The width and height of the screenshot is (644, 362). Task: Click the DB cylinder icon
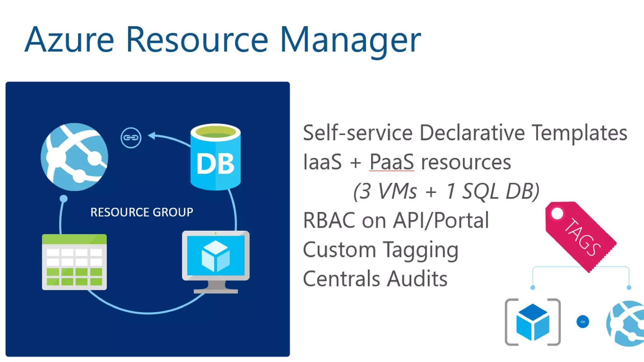[215, 157]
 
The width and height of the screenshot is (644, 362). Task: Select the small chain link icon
[131, 138]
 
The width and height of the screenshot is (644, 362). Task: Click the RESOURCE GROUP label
[142, 212]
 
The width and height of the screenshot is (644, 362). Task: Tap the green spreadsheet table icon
[74, 262]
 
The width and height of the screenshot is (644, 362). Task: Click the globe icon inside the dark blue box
[75, 157]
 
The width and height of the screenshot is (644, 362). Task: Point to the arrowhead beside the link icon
[152, 135]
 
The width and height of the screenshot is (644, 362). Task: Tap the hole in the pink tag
[557, 214]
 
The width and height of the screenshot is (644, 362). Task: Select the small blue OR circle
[583, 322]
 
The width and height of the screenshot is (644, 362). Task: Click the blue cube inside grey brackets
[533, 322]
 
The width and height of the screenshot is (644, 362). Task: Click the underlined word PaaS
[391, 162]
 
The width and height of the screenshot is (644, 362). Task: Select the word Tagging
[421, 250]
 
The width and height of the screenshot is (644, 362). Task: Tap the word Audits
[417, 279]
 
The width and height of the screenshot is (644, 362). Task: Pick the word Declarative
[472, 133]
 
